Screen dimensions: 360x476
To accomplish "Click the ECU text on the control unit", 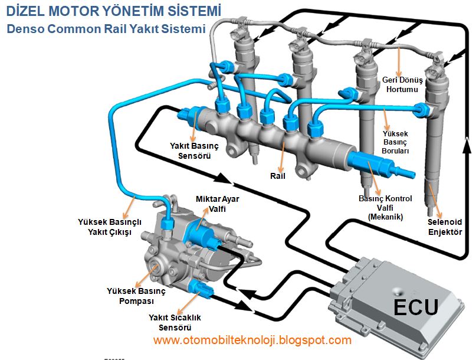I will pos(415,307).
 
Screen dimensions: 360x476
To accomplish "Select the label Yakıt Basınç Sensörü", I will pos(191,151).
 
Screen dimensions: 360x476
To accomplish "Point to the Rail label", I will pos(278,176).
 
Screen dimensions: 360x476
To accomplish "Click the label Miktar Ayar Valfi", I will pos(217,204).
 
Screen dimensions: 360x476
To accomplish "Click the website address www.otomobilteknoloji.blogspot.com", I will pos(252,340).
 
